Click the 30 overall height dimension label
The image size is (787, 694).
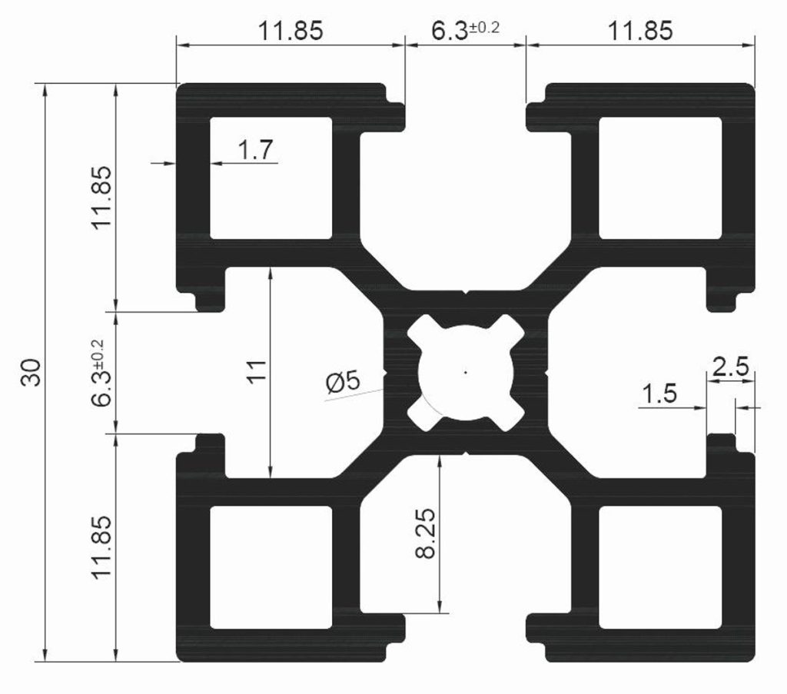(31, 372)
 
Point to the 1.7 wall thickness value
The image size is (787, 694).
(255, 150)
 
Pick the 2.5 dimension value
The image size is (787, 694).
(730, 367)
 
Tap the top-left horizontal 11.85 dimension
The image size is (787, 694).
(291, 30)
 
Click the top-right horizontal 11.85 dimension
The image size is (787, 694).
(640, 30)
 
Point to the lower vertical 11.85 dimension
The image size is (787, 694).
(102, 547)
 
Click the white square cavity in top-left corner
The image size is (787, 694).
(271, 178)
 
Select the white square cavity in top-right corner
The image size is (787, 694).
(660, 178)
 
